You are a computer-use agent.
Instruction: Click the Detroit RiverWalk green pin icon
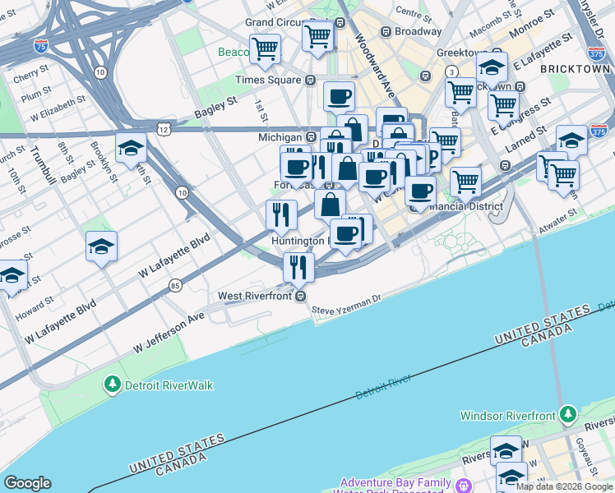pos(113,384)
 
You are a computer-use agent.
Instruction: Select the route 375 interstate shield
pos(599,131)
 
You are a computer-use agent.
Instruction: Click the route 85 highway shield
pos(175,285)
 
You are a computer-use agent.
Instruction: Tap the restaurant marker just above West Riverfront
pos(298,266)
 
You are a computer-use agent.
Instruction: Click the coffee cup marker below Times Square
pos(339,97)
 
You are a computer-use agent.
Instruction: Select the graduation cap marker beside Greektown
pos(492,67)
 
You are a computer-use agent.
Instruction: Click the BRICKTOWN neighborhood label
pos(576,70)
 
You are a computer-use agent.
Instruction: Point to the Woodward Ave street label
pos(372,58)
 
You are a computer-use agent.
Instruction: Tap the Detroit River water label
pos(383,387)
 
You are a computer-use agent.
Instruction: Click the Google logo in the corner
pos(27,483)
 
